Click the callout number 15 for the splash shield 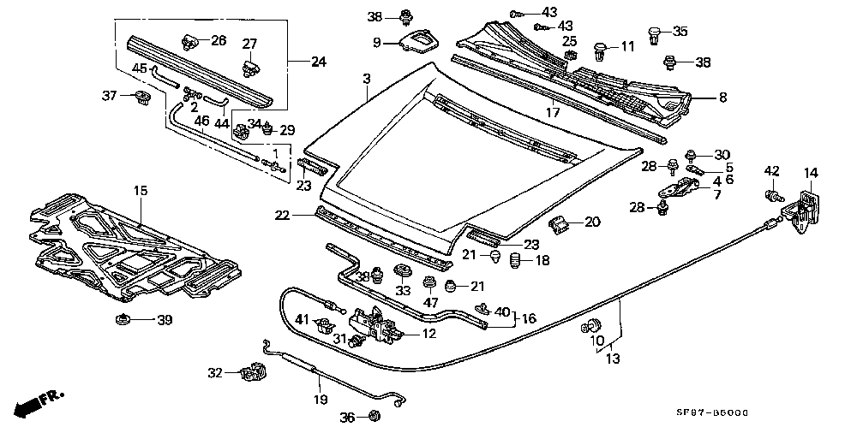coord(140,190)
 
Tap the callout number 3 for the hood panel coord(366,79)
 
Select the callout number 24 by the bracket coord(319,62)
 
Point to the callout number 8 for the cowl coord(722,98)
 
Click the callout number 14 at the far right coord(810,173)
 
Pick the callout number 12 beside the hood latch coord(428,333)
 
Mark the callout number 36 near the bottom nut coord(346,417)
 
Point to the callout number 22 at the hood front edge coord(283,216)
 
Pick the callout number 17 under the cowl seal coord(552,111)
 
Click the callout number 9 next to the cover coord(376,43)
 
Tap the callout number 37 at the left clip coord(109,94)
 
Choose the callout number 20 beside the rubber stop coord(591,222)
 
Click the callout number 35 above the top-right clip coord(680,32)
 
